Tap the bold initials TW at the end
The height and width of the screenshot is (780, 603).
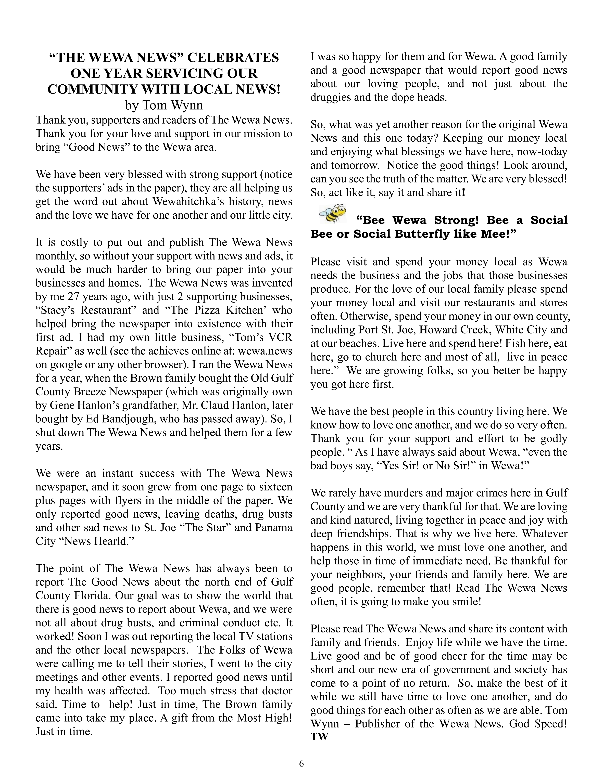tap(319, 737)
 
